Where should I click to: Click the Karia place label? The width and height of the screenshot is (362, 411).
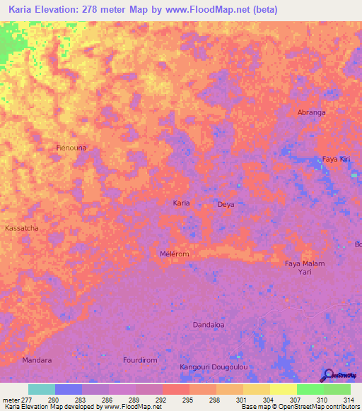click(x=182, y=203)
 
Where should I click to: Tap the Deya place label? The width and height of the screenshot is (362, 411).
click(x=226, y=204)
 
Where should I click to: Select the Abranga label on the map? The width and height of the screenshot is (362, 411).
click(x=311, y=112)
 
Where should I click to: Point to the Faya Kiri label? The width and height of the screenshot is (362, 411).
click(x=336, y=160)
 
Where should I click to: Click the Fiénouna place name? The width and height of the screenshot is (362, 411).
click(x=71, y=148)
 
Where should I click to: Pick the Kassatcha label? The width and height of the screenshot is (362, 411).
click(x=22, y=229)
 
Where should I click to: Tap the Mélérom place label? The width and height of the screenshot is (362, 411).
click(x=175, y=254)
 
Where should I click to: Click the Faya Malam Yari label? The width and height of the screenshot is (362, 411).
click(x=305, y=267)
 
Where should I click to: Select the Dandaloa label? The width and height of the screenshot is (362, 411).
click(x=209, y=325)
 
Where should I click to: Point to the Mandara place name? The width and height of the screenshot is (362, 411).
click(x=37, y=360)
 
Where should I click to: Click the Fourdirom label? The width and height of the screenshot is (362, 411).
click(x=139, y=360)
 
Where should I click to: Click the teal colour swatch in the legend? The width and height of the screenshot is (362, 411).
click(x=42, y=389)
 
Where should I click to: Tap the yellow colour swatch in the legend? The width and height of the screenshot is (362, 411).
click(x=283, y=389)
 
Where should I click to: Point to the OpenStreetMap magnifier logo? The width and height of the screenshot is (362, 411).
click(x=328, y=375)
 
